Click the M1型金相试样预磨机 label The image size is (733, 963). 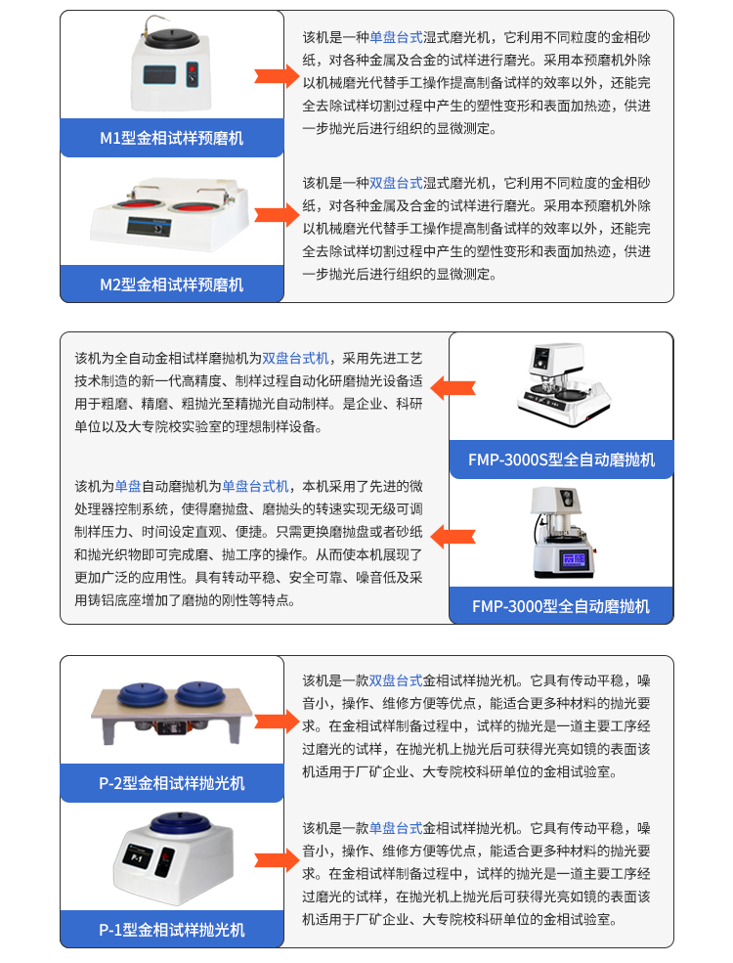pyautogui.click(x=172, y=138)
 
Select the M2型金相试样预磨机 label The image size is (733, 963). pyautogui.click(x=172, y=285)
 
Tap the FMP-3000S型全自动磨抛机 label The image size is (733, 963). pyautogui.click(x=561, y=460)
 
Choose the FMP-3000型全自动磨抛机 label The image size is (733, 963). pyautogui.click(x=561, y=606)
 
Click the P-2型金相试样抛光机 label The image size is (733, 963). pyautogui.click(x=172, y=783)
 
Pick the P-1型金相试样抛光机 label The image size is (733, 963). pyautogui.click(x=172, y=930)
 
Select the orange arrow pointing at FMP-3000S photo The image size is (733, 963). pyautogui.click(x=453, y=388)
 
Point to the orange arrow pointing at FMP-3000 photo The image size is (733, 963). pyautogui.click(x=453, y=536)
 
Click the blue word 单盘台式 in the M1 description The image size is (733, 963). pyautogui.click(x=396, y=38)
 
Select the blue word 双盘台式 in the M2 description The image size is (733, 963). pyautogui.click(x=396, y=183)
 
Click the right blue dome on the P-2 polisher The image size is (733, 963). pyautogui.click(x=200, y=694)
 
